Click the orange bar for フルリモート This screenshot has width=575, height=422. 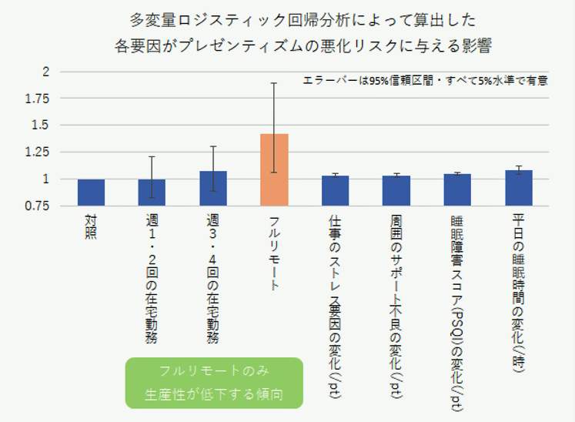pos(274,170)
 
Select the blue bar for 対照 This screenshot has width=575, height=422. pos(91,193)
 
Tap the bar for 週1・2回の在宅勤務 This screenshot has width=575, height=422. pos(152,193)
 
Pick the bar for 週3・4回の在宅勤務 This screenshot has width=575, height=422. pos(213,189)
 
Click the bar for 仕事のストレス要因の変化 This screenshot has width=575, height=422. pos(335,191)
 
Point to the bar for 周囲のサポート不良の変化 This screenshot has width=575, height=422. pos(396,191)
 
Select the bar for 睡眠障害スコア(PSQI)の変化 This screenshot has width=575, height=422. pos(457,190)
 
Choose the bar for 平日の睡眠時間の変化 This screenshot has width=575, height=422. pos(518,188)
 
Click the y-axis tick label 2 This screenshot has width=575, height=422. pos(45,72)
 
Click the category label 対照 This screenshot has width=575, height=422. pos(91,229)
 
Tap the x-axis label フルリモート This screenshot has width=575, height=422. pos(274,254)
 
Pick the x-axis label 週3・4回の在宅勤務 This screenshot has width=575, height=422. pos(213,281)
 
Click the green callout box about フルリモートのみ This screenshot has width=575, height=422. pos(213,382)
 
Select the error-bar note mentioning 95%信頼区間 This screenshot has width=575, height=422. pos(425,79)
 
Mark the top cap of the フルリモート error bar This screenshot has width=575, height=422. pos(274,83)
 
